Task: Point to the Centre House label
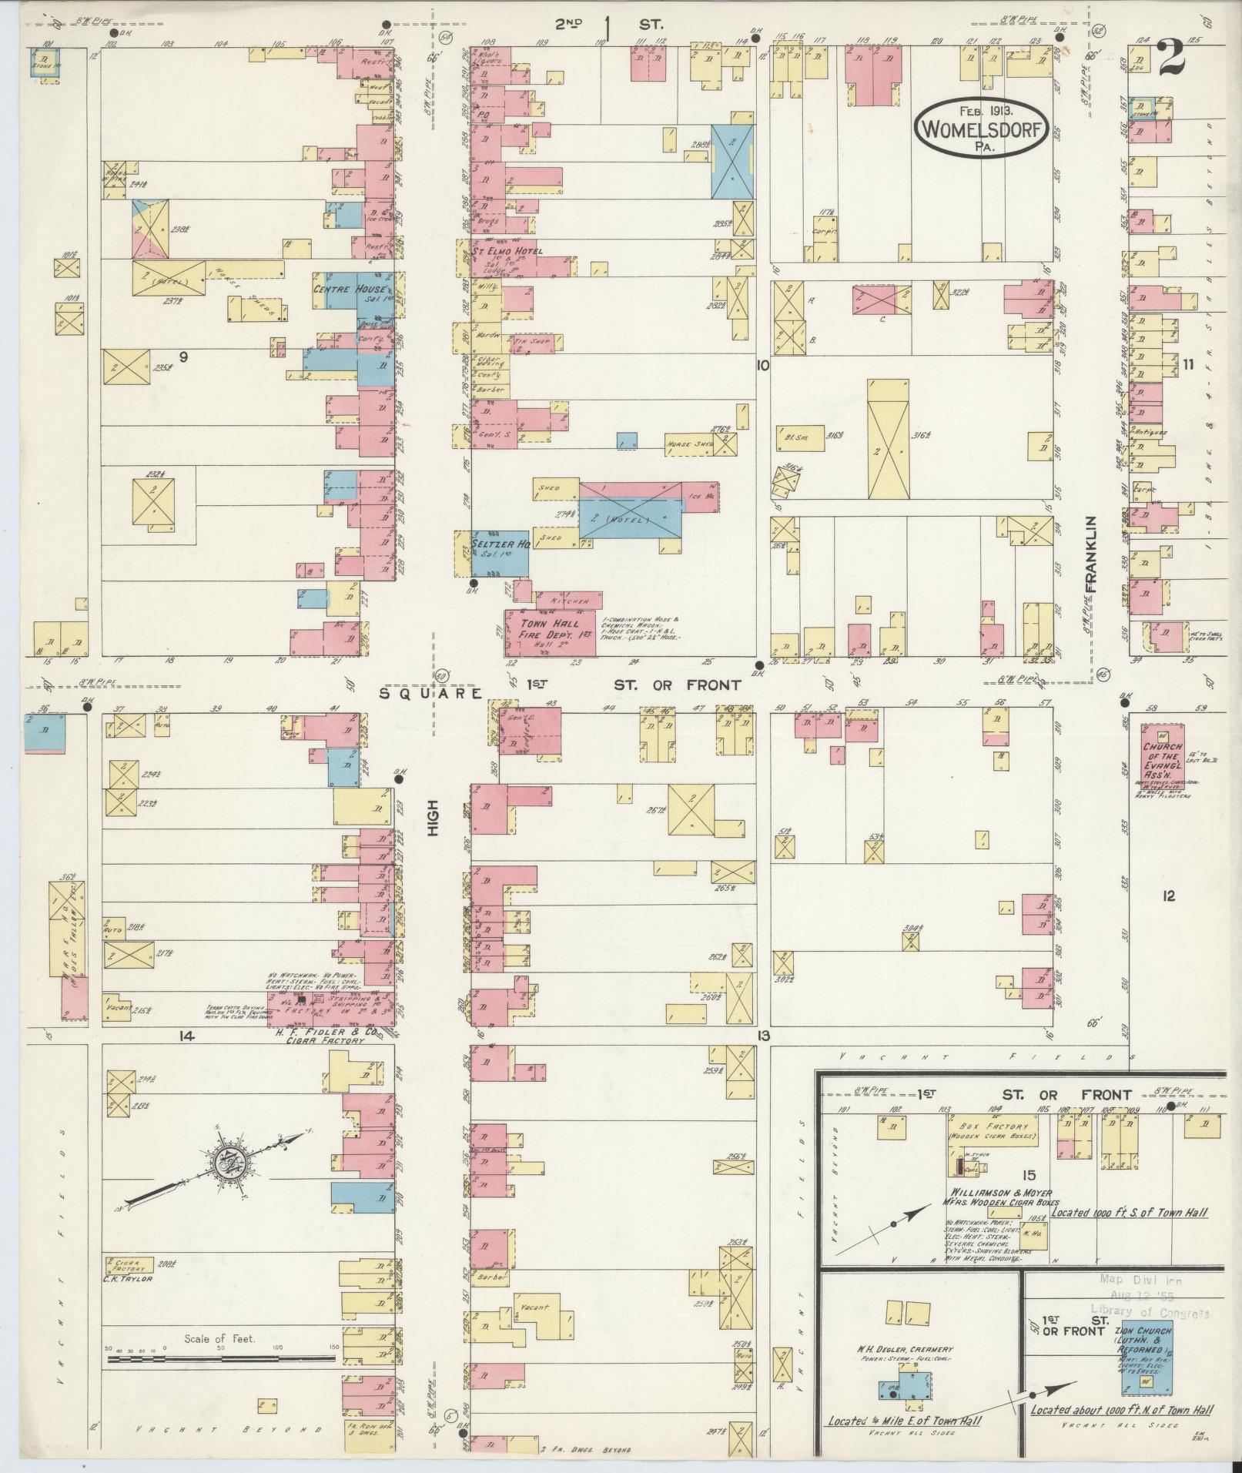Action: pos(348,290)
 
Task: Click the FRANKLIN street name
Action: pos(1090,555)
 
